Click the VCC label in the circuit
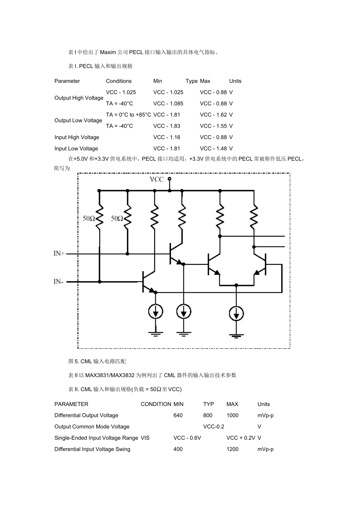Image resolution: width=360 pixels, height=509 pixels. click(157, 179)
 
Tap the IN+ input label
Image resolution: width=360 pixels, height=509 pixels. click(59, 253)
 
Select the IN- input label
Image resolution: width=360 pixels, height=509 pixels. click(58, 281)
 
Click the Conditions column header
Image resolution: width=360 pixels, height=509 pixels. click(119, 81)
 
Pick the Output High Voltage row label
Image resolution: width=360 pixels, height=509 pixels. click(79, 98)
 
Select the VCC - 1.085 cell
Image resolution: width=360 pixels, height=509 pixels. click(168, 104)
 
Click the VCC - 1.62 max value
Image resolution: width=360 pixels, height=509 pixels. click(213, 115)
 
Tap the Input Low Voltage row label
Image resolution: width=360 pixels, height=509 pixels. click(76, 148)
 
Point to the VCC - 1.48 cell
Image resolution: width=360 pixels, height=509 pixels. click(213, 148)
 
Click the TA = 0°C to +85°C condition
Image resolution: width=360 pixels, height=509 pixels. click(128, 115)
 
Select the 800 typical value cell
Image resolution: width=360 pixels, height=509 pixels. click(208, 415)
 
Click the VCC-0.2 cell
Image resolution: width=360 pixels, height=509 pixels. click(214, 426)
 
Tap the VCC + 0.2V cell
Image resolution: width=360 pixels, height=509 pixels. click(241, 438)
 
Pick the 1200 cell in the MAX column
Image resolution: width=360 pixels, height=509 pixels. click(232, 449)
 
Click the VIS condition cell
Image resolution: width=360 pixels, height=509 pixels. click(145, 438)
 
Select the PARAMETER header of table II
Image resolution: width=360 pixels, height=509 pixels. click(71, 404)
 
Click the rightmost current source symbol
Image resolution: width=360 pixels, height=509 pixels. click(236, 314)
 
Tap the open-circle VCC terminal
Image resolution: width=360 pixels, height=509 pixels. click(169, 179)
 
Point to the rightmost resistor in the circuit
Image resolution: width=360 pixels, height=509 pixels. click(254, 217)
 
